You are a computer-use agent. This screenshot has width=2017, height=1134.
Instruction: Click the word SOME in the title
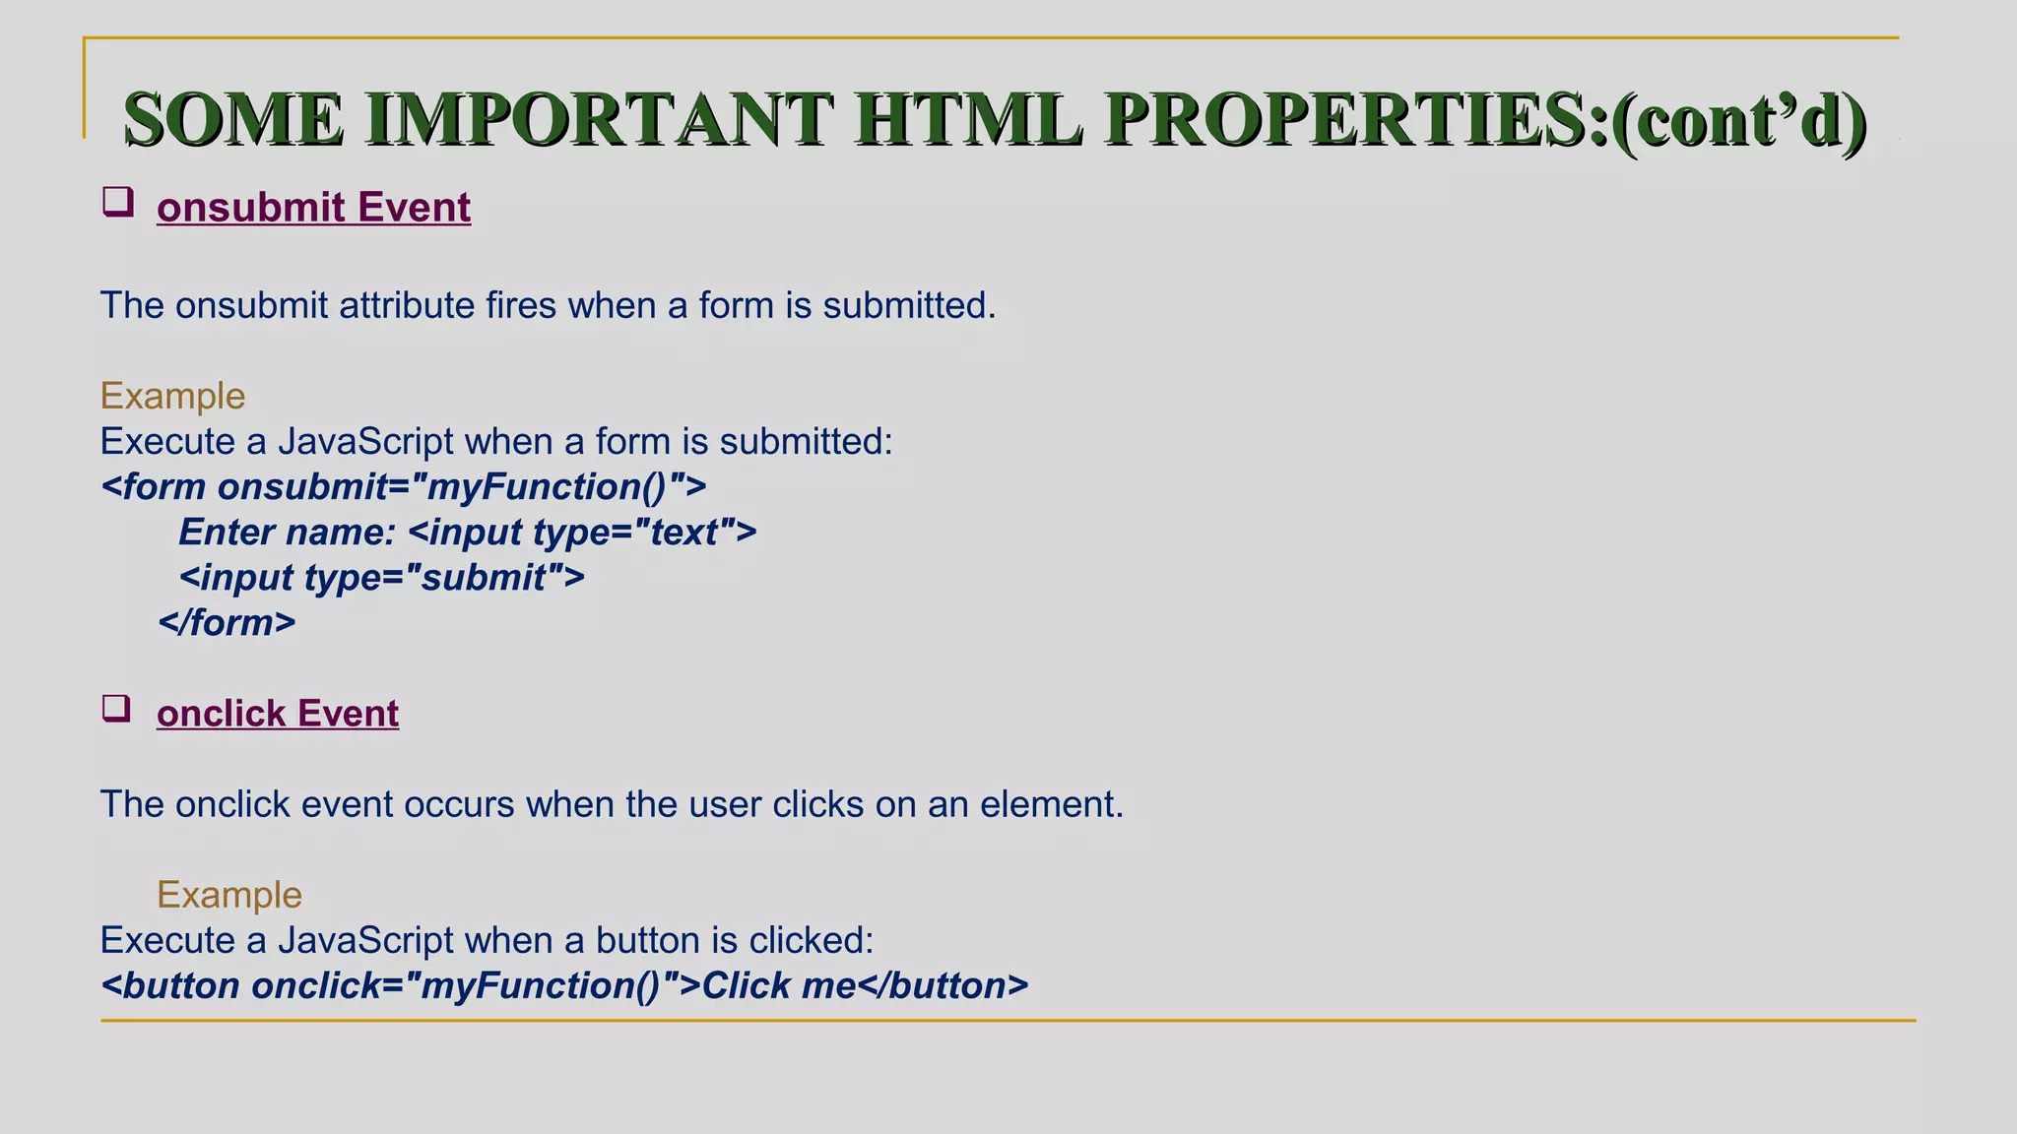[234, 119]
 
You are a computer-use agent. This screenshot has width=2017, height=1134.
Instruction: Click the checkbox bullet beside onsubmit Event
[118, 203]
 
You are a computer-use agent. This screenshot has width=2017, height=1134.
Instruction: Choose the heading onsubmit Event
[313, 208]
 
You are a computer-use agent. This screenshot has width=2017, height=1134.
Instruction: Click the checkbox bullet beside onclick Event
[117, 709]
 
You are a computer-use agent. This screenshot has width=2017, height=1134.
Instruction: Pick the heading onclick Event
[278, 714]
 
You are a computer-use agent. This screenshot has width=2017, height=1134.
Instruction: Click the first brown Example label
[172, 396]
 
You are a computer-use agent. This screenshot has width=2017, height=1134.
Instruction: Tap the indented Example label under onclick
[229, 895]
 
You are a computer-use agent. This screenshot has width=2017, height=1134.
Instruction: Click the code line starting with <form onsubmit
[404, 487]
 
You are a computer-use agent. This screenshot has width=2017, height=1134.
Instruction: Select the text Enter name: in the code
[287, 533]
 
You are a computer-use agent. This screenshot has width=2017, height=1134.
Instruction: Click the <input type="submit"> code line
[382, 578]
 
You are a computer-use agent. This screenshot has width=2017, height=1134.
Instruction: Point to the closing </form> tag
[228, 623]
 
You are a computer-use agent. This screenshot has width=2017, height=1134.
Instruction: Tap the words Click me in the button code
[778, 985]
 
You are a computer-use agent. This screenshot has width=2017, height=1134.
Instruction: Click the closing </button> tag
[943, 985]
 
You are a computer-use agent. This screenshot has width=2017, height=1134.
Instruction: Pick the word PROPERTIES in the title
[1355, 119]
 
